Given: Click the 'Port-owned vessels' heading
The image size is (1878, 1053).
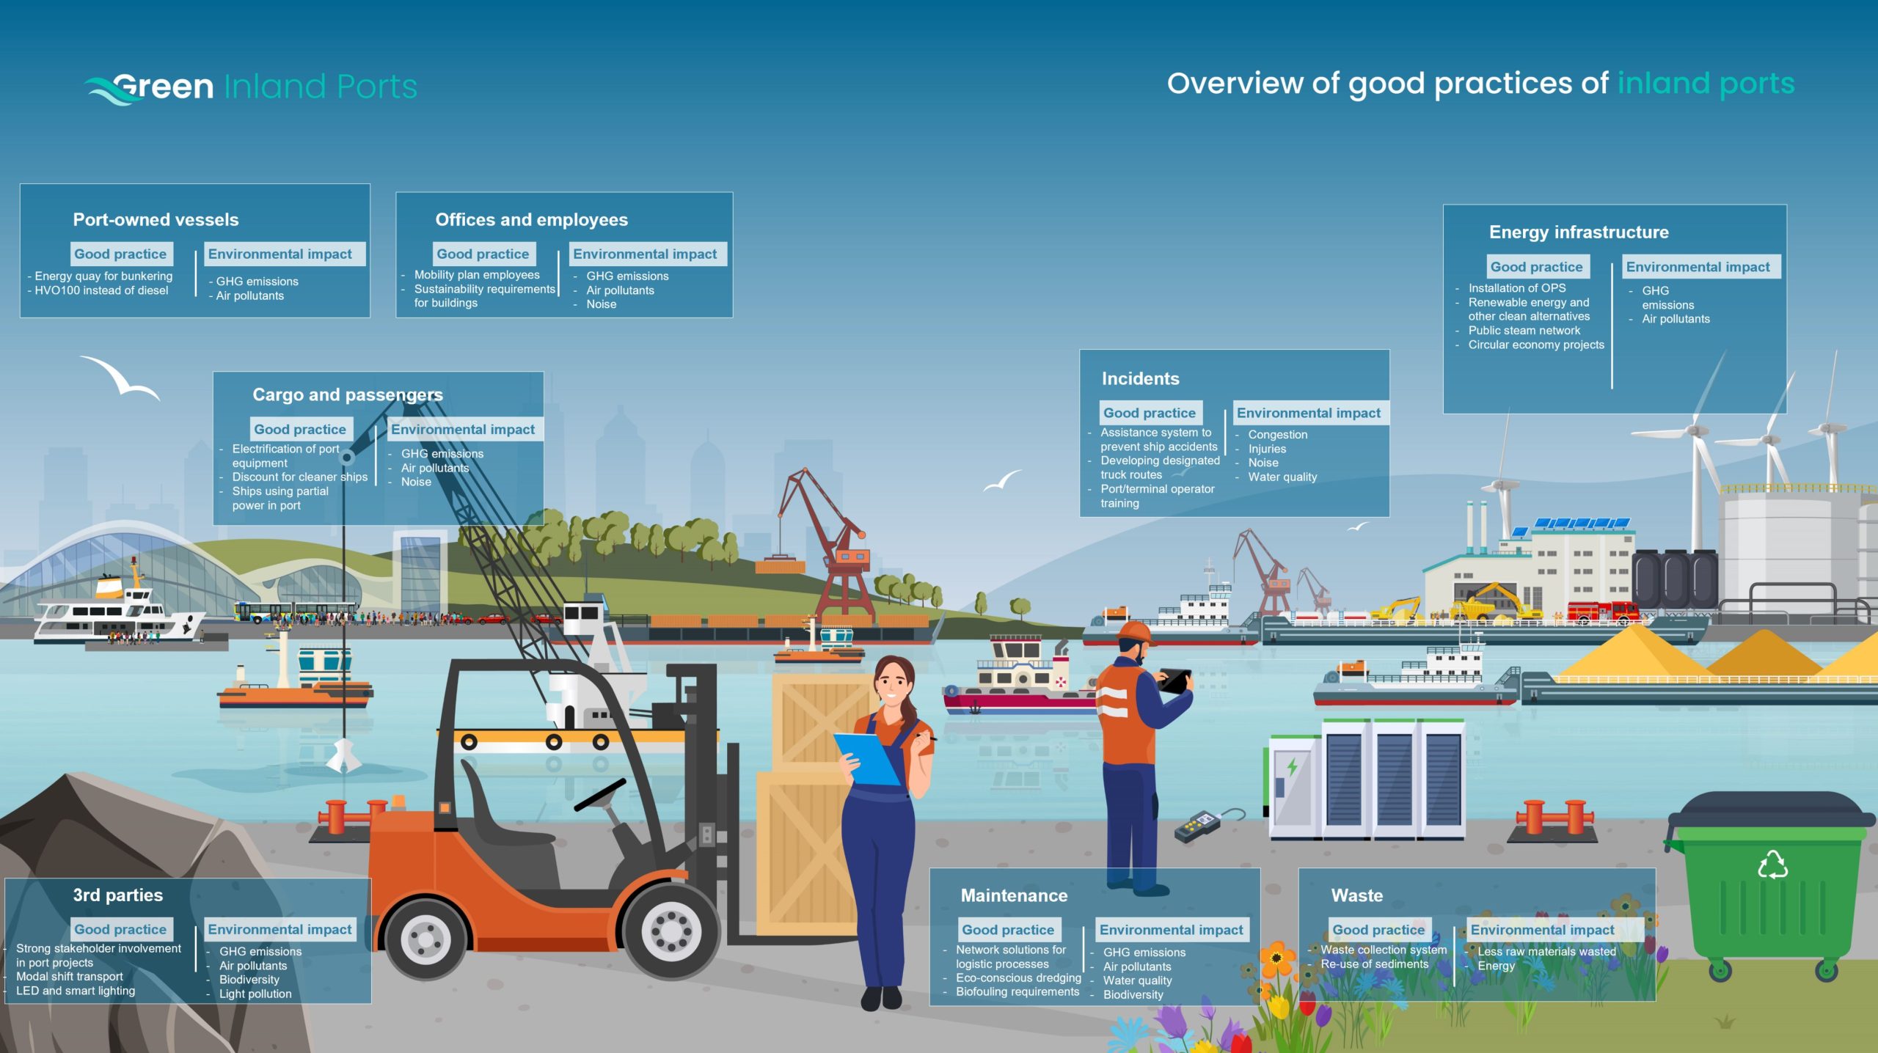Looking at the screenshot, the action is (156, 219).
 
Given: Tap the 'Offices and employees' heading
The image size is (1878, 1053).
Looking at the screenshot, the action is (531, 219).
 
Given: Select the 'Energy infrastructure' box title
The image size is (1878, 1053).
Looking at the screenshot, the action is (1579, 232).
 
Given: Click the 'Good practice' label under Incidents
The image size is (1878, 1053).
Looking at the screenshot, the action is (1150, 413).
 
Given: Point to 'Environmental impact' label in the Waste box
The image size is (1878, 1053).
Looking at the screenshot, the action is (1542, 930).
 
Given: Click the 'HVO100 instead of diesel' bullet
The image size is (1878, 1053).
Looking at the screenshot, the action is (101, 290).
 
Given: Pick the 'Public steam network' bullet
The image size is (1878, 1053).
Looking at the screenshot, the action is (1524, 330).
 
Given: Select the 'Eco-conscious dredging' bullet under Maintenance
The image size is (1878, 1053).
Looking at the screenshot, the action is (1018, 977).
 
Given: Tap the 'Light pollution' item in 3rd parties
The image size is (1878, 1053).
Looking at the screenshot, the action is (255, 994).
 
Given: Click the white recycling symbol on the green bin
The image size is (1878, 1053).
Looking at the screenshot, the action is (1772, 865).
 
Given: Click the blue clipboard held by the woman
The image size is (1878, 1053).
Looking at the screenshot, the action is (867, 758).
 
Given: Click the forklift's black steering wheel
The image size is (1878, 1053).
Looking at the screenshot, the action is (600, 794).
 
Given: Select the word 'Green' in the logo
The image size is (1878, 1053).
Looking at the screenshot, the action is (163, 87).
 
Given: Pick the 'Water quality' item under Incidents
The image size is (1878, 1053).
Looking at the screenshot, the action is (1282, 477).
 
